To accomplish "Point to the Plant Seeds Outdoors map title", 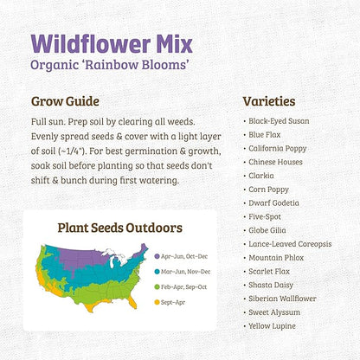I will click(x=120, y=228).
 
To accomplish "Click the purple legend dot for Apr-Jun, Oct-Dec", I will click(x=156, y=257).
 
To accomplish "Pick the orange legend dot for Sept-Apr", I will click(x=156, y=302).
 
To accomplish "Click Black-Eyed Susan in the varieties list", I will click(x=279, y=121).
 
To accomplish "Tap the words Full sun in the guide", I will click(x=48, y=121).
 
